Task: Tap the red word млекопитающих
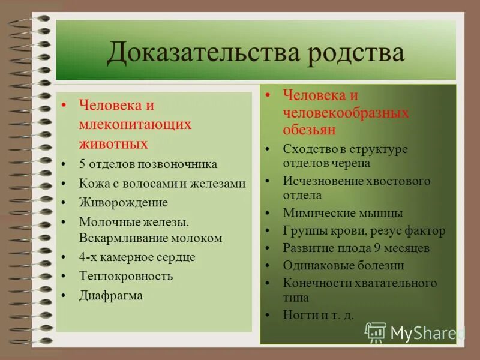click(x=135, y=124)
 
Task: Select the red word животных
click(x=113, y=144)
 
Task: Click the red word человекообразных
click(x=346, y=113)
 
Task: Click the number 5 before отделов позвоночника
click(x=82, y=164)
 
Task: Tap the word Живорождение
click(x=123, y=203)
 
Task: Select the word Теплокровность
click(x=126, y=276)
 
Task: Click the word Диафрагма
click(x=111, y=295)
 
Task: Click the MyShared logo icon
click(x=376, y=332)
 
